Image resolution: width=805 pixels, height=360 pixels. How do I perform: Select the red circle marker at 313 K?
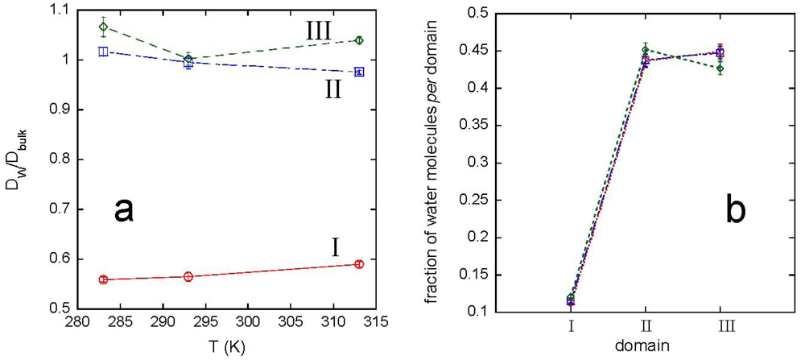click(359, 264)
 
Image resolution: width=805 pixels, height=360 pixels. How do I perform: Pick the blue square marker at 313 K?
click(359, 72)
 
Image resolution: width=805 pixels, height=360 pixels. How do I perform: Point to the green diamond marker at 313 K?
click(359, 40)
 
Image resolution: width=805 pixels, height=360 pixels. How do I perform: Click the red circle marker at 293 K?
click(188, 276)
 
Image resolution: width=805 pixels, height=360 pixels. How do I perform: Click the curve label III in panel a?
click(322, 32)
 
